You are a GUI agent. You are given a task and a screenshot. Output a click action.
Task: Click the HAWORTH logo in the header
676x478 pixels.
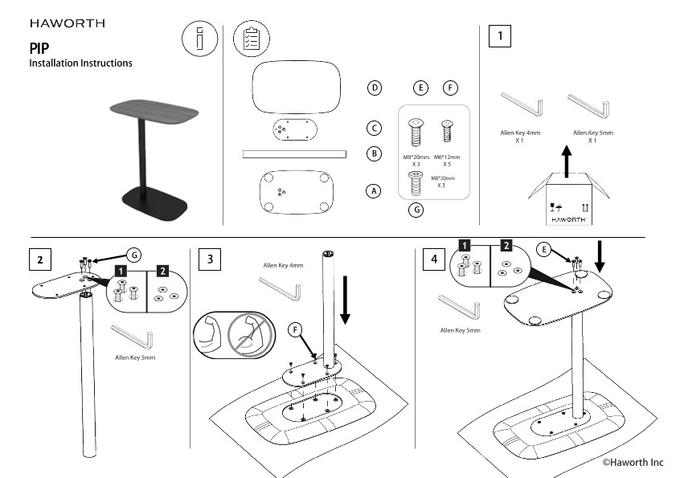[66, 23]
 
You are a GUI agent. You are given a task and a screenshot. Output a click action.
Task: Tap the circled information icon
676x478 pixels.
[199, 39]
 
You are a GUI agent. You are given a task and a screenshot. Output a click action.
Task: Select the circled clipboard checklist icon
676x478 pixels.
[251, 39]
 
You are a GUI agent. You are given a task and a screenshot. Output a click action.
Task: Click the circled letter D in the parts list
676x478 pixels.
[375, 88]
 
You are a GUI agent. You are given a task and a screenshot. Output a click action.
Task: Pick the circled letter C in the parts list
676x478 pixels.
[375, 128]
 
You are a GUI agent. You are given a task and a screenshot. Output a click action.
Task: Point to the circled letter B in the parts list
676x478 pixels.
[375, 153]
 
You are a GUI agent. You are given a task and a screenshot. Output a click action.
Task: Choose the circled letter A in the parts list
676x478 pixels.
[373, 191]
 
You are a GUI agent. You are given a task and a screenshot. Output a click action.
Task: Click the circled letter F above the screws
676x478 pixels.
[451, 88]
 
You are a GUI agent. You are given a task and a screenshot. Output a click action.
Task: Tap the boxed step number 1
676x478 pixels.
[501, 36]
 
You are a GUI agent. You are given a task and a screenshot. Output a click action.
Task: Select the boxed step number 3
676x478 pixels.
[210, 259]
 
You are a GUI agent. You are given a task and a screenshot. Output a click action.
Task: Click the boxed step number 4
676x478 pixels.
[434, 259]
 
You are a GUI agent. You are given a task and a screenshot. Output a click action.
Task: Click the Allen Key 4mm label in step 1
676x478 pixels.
[521, 132]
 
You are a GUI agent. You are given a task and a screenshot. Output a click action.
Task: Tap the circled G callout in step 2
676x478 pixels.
[136, 255]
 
